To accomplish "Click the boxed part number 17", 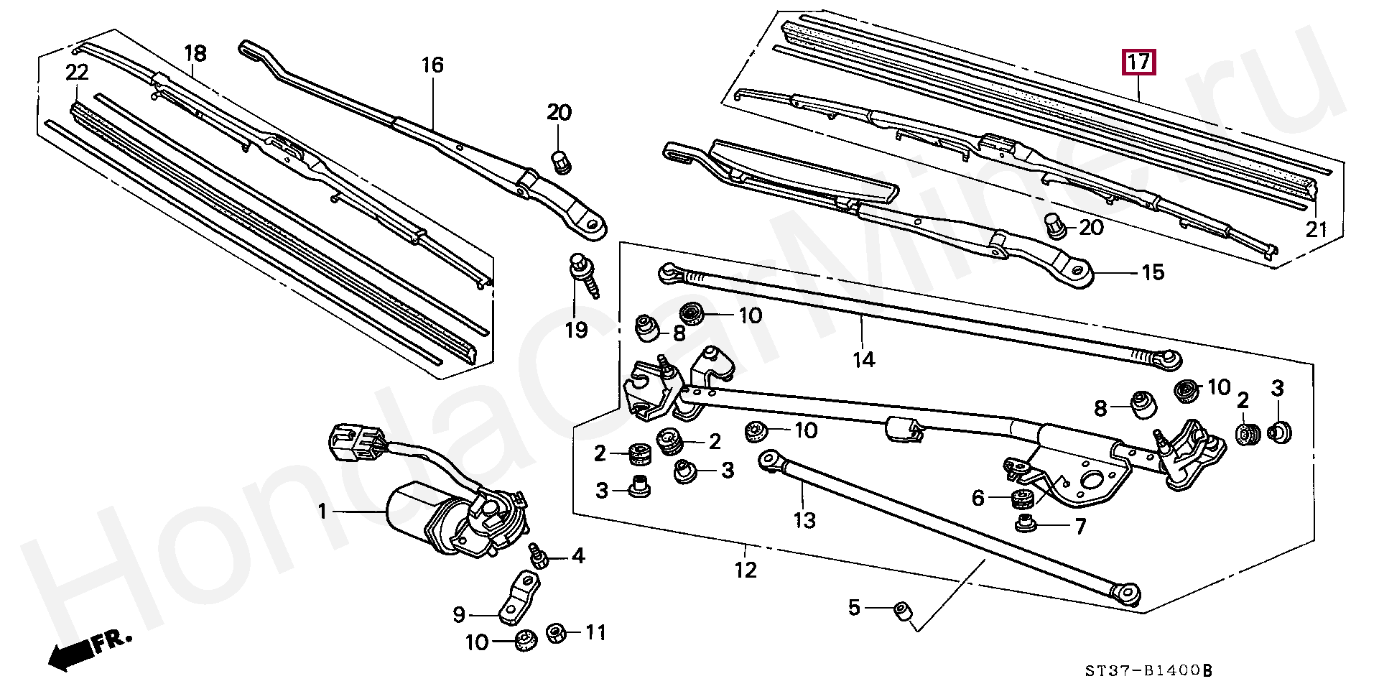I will (x=1139, y=63).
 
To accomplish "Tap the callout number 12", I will (x=746, y=570).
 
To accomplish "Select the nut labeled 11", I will (x=554, y=634).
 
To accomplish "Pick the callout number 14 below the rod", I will (x=864, y=359).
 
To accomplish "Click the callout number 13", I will (x=805, y=519).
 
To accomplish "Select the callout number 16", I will (x=432, y=65).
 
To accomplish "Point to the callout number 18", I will (x=195, y=54).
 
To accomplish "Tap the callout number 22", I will (x=77, y=72).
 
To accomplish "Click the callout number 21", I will (x=1316, y=229).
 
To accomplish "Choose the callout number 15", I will (x=1153, y=273).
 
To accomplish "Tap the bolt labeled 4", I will (x=537, y=555).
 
